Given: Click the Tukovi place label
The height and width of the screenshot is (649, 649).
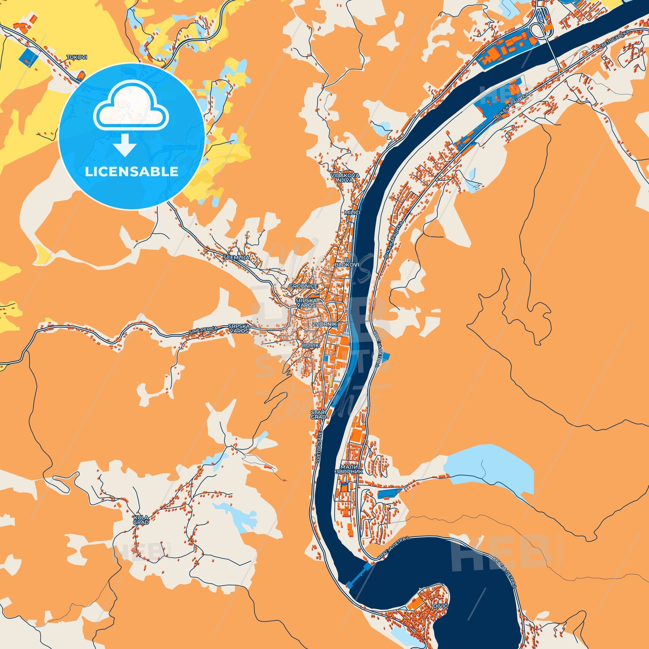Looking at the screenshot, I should (77, 57).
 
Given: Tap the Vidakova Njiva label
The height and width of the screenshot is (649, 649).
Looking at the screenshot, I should (345, 178).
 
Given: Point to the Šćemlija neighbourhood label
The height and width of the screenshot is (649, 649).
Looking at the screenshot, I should (236, 257).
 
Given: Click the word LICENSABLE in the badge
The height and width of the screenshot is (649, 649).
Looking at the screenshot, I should (131, 171).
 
